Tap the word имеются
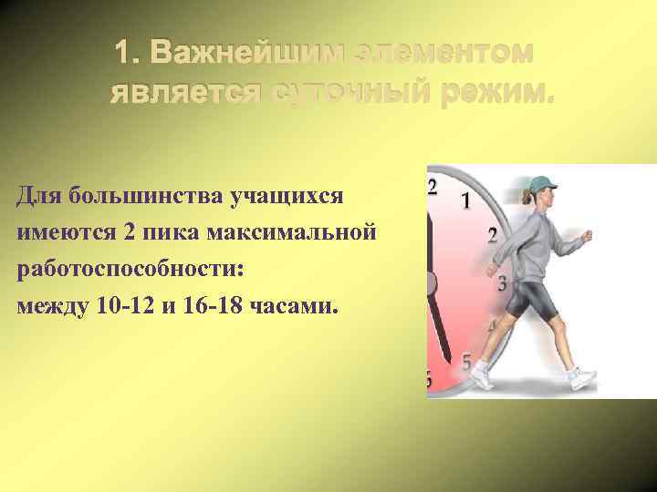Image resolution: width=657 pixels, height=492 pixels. click(64, 232)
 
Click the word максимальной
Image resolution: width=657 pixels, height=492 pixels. click(292, 232)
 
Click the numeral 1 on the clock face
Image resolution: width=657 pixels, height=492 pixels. click(466, 200)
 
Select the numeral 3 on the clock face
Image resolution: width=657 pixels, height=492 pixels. click(501, 283)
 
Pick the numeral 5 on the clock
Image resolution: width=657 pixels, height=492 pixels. click(465, 363)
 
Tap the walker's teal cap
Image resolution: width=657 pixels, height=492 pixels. click(542, 184)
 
